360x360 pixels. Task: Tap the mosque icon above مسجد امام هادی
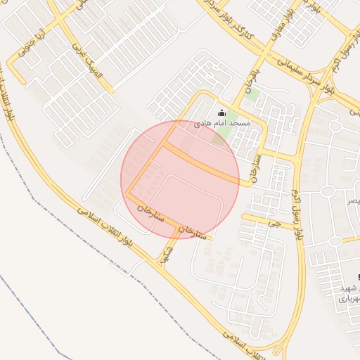tap(222, 112)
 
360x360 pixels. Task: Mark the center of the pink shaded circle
tap(180, 179)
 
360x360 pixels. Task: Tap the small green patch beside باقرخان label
tap(252, 95)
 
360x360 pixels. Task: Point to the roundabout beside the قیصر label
tap(326, 191)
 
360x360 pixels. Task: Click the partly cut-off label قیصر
tap(351, 200)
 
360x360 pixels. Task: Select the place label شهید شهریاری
tap(349, 293)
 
